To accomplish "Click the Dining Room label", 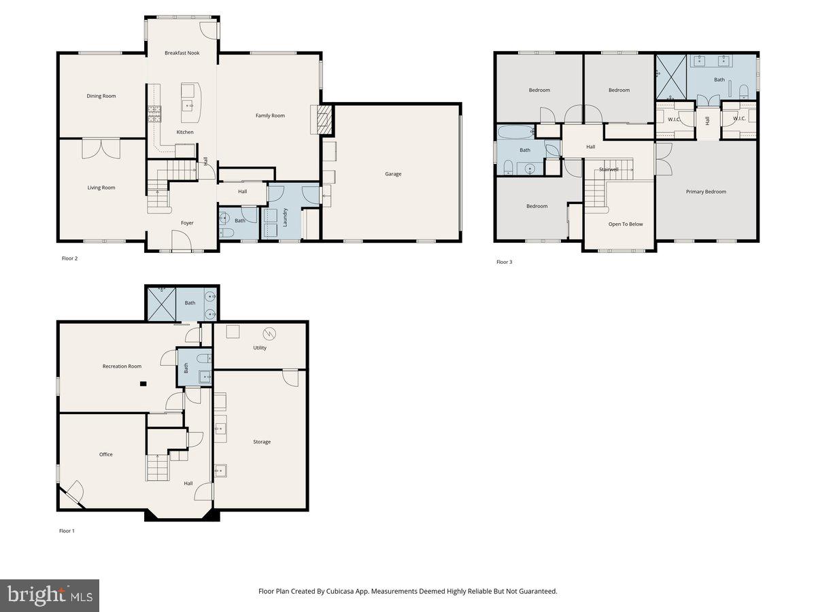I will pyautogui.click(x=101, y=96).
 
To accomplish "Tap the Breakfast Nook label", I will pyautogui.click(x=182, y=52).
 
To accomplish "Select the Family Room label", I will pyautogui.click(x=270, y=116).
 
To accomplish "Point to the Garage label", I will pyautogui.click(x=393, y=174).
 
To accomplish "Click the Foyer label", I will pyautogui.click(x=187, y=223).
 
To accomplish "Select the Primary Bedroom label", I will pyautogui.click(x=706, y=192).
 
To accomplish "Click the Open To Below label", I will pyautogui.click(x=626, y=224).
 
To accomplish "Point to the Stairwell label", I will pyautogui.click(x=609, y=169).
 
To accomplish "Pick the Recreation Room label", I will pyautogui.click(x=122, y=367).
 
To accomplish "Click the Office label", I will pyautogui.click(x=105, y=454).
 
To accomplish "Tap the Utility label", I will pyautogui.click(x=260, y=347).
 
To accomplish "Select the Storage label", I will pyautogui.click(x=262, y=442).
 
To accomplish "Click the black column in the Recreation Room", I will pyautogui.click(x=143, y=384).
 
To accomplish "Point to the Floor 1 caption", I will pyautogui.click(x=67, y=530).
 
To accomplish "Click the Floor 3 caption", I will pyautogui.click(x=504, y=262).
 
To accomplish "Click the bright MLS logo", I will pyautogui.click(x=50, y=595).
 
